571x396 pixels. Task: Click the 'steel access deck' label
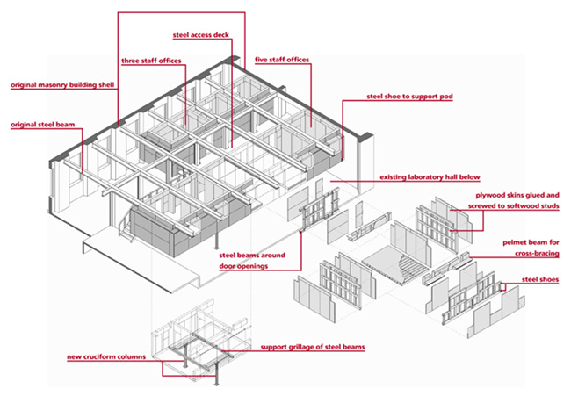click(200, 35)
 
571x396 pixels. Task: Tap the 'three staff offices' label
click(151, 61)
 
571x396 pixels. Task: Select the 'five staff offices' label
click(282, 60)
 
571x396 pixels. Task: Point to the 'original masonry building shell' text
click(62, 85)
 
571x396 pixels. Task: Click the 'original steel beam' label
click(43, 125)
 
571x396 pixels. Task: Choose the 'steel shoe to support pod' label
click(409, 97)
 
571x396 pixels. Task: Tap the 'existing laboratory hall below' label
click(430, 177)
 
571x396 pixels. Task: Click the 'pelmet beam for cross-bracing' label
click(531, 248)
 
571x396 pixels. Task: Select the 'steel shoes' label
click(540, 279)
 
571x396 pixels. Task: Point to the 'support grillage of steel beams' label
click(313, 347)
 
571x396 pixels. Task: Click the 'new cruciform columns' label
click(106, 357)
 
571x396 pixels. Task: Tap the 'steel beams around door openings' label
click(252, 261)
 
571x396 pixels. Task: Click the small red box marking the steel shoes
click(502, 287)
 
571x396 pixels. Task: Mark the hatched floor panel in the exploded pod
click(395, 264)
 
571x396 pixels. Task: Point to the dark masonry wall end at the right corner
click(365, 137)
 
